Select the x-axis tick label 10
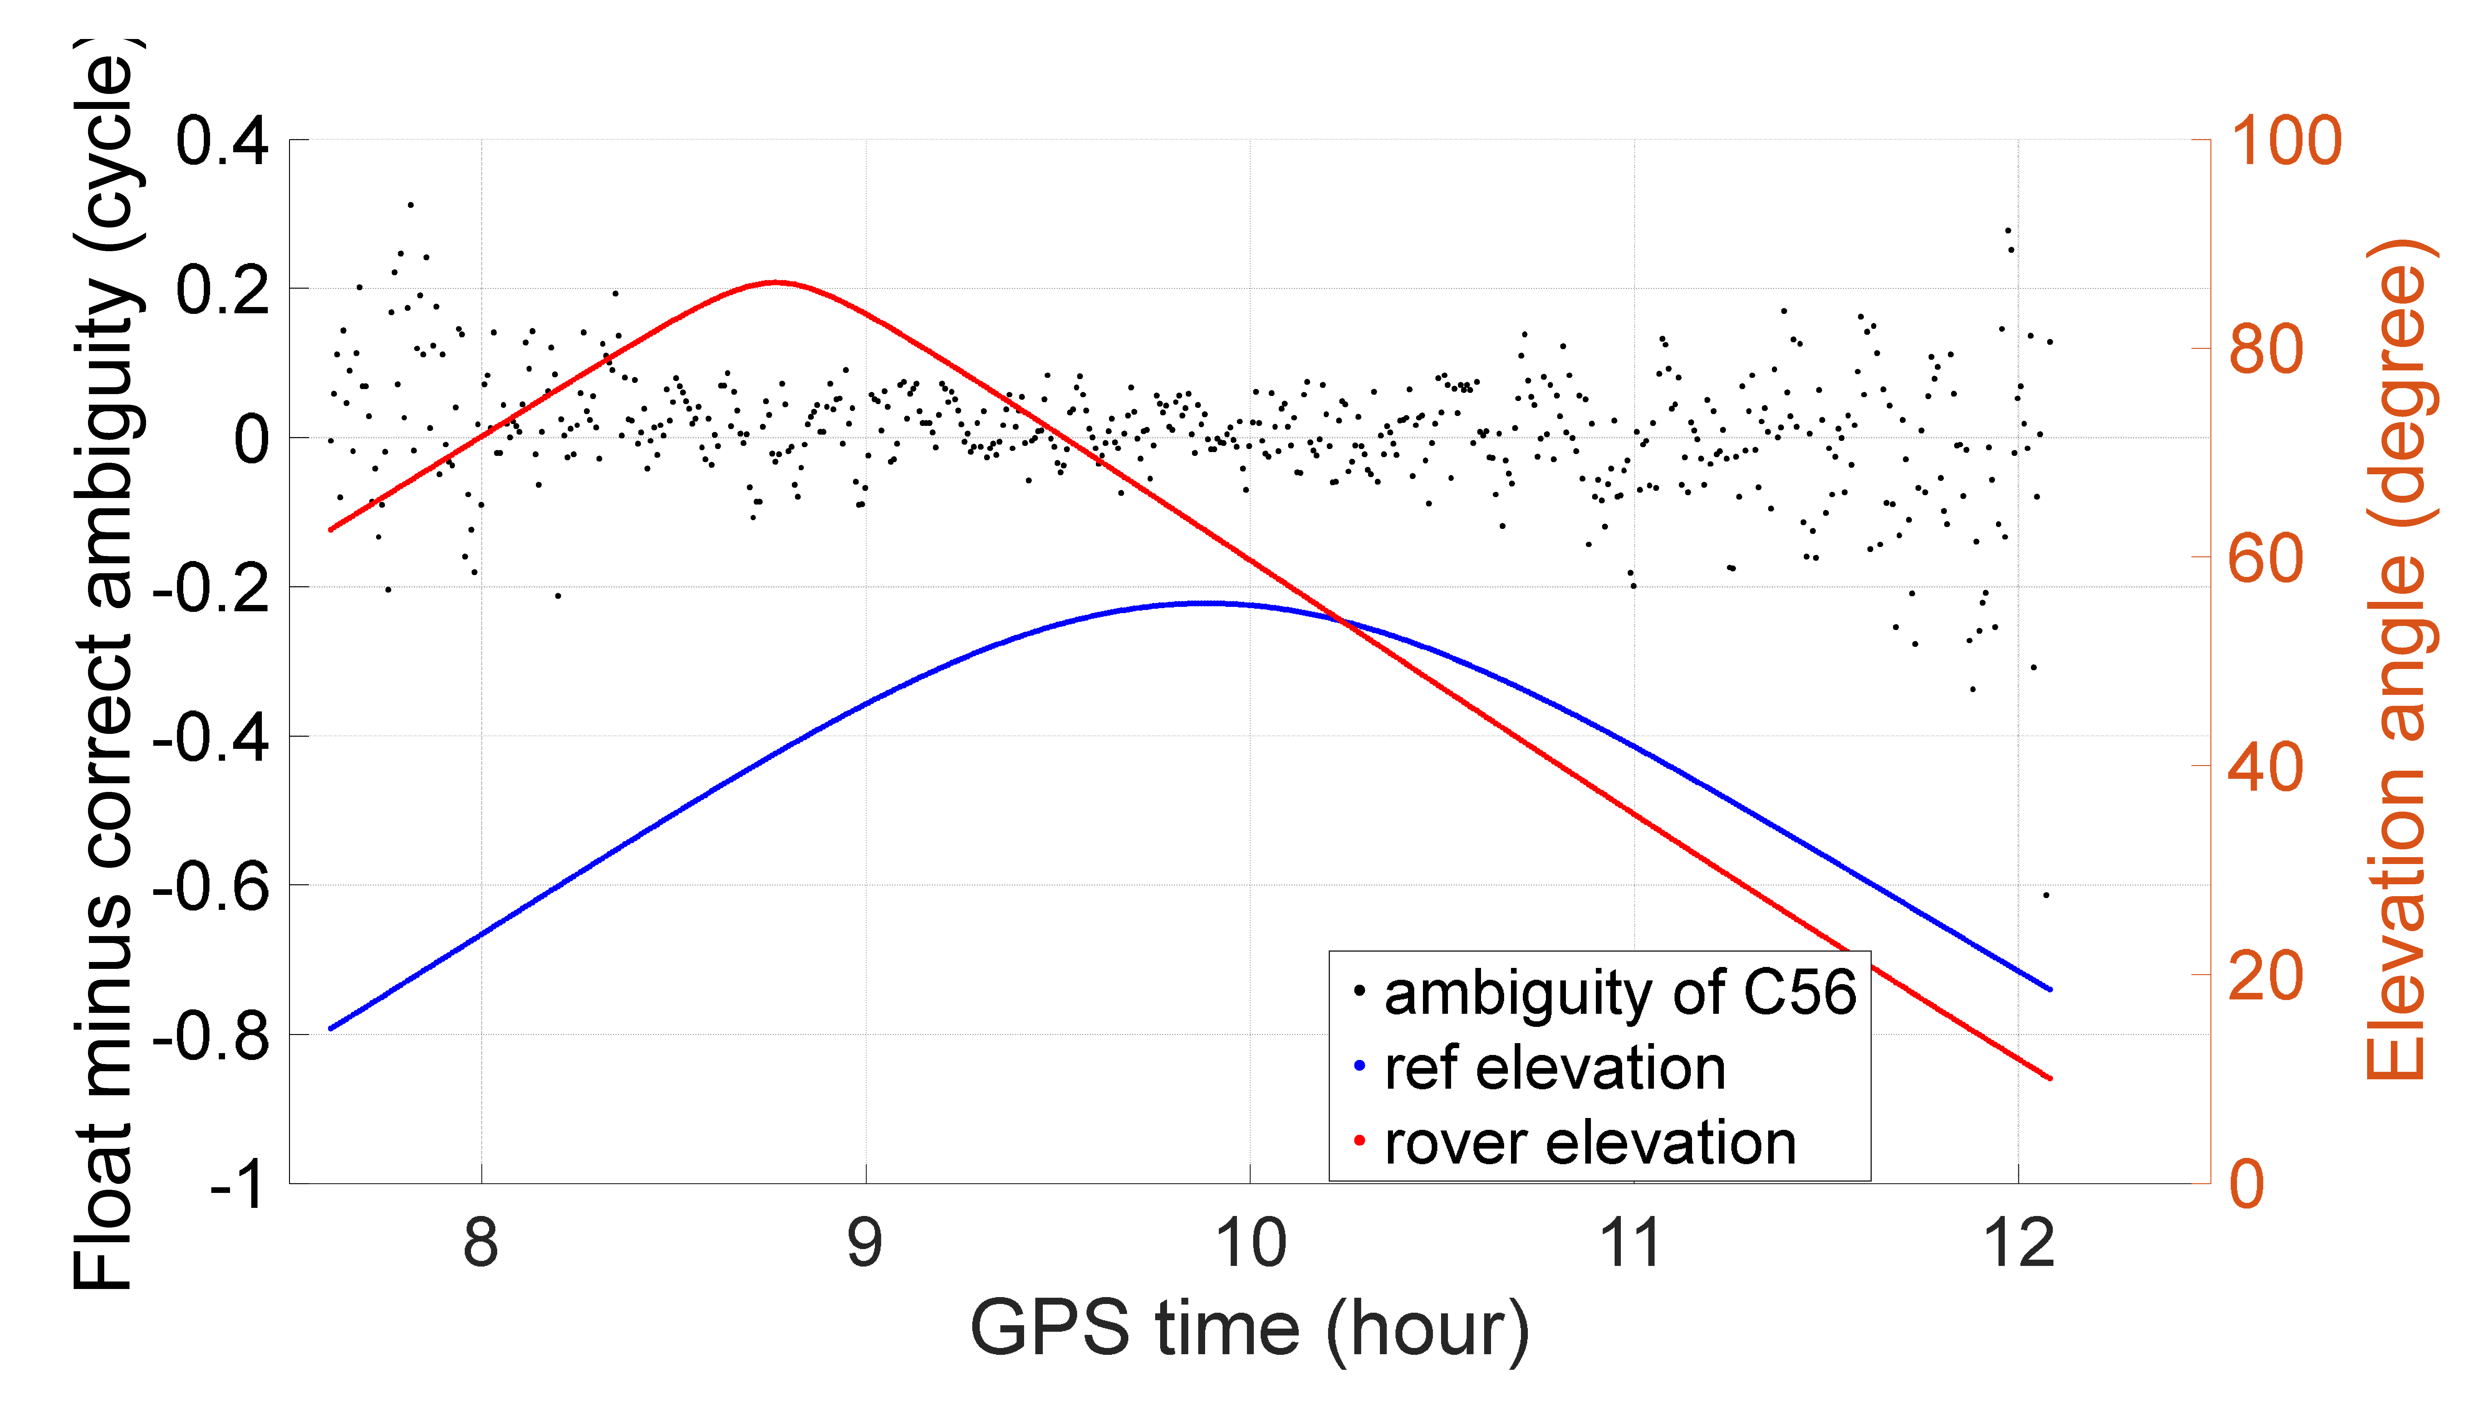(1250, 1244)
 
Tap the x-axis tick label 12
(2018, 1244)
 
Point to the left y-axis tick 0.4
(222, 141)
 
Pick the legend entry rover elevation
(1590, 1143)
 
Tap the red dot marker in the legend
(1359, 1141)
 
